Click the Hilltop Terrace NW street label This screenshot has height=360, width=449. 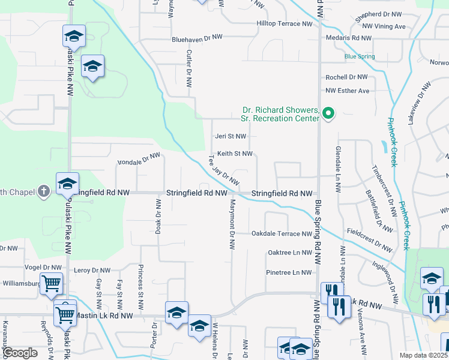point(285,24)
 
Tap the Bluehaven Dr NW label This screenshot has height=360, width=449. point(197,37)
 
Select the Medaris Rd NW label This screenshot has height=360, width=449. point(349,37)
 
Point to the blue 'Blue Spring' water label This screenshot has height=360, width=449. point(360,56)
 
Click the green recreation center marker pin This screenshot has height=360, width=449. point(328,113)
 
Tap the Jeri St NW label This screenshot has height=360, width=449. point(231,136)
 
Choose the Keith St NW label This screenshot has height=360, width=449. point(235,154)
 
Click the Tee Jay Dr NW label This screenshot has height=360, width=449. point(224,171)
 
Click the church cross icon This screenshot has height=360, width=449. point(43,192)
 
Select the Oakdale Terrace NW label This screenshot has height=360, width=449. point(282,233)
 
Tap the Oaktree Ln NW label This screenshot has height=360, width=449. point(290,253)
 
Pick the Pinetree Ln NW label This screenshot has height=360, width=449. point(289,272)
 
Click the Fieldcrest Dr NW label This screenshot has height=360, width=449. point(370,239)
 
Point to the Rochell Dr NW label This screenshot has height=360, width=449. point(346,77)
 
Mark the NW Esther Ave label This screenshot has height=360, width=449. point(348,91)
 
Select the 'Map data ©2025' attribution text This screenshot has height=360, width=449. point(423,355)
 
